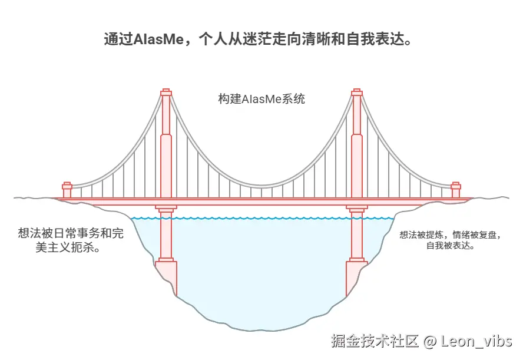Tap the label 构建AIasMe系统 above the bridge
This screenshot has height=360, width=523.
[261, 99]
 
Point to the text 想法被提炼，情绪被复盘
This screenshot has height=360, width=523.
[451, 235]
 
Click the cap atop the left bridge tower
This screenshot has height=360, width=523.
[166, 93]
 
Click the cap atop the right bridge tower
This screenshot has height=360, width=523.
[356, 93]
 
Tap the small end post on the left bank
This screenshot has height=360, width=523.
[67, 190]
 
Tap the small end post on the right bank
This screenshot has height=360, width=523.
[455, 190]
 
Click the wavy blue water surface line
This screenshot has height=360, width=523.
[261, 219]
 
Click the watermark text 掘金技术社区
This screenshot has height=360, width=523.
[374, 341]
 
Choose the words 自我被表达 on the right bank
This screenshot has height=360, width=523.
[451, 246]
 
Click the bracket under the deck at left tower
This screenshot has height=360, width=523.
[166, 208]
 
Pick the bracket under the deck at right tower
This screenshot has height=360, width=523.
[356, 208]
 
